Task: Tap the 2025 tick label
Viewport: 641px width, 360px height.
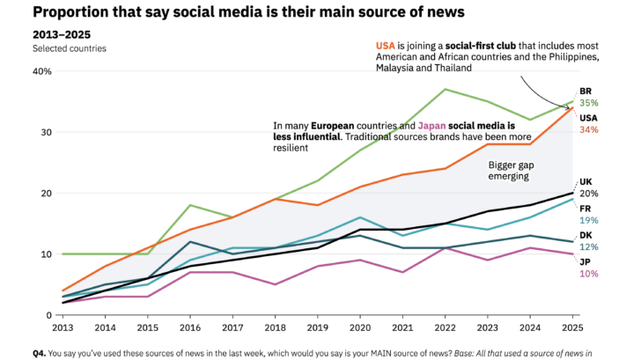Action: point(572,327)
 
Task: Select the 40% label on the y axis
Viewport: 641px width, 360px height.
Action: point(42,70)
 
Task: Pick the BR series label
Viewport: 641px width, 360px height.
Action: point(586,91)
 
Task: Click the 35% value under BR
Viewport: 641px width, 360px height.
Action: point(588,103)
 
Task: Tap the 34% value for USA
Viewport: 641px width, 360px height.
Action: point(588,129)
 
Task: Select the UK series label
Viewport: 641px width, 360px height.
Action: point(586,182)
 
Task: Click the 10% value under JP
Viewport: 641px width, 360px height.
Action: point(588,274)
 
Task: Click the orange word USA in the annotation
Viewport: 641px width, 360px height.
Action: point(385,45)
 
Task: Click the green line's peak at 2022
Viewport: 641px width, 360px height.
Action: point(446,89)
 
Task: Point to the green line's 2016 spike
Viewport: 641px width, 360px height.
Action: point(189,205)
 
